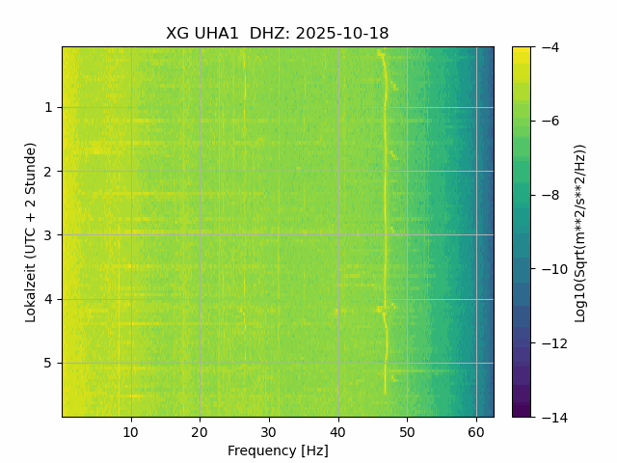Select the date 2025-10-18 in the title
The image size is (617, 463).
click(342, 34)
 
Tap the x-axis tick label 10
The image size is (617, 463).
click(131, 431)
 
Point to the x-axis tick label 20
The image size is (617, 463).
click(200, 431)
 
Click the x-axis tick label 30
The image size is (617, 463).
click(269, 431)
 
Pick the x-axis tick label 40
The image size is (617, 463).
click(337, 431)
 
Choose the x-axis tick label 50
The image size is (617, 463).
click(407, 431)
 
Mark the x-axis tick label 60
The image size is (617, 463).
click(476, 431)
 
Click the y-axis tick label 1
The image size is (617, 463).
click(48, 108)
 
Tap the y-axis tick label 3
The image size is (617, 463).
click(48, 235)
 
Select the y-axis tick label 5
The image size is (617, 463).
click(48, 364)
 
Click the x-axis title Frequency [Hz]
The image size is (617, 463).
click(278, 450)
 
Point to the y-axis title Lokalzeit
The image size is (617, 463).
click(31, 231)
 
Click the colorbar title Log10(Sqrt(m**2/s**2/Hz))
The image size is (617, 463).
click(580, 232)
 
